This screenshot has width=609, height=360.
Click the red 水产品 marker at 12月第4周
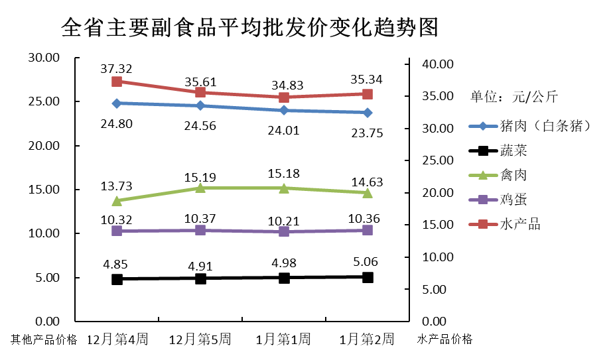(x=117, y=82)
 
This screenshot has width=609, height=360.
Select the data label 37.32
(x=117, y=68)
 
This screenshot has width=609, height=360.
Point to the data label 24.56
(x=200, y=126)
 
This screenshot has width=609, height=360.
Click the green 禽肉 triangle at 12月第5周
(x=200, y=188)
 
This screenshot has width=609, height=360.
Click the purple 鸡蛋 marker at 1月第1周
(x=284, y=231)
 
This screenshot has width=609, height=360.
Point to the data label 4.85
(x=117, y=264)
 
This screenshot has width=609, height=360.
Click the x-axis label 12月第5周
(x=200, y=339)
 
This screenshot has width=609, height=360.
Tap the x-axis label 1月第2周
(x=367, y=339)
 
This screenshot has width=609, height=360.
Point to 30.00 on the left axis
(x=44, y=58)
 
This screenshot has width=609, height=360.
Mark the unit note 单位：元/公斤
(x=514, y=97)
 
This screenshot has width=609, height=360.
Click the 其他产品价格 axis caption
(x=44, y=340)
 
